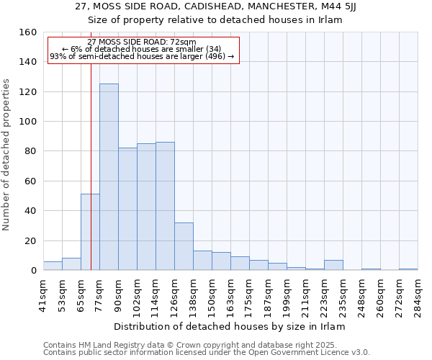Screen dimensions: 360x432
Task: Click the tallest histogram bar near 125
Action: click(109, 177)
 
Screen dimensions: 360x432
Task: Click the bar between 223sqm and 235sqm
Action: click(333, 265)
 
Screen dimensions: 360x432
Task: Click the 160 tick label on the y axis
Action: click(28, 32)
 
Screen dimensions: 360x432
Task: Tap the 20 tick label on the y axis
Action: click(31, 240)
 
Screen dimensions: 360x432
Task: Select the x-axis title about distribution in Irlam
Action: click(230, 327)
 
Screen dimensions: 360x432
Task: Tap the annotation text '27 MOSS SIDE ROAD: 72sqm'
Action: click(141, 42)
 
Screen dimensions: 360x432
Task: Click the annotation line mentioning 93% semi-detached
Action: click(142, 56)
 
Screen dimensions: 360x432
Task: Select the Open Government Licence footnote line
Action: click(207, 353)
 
